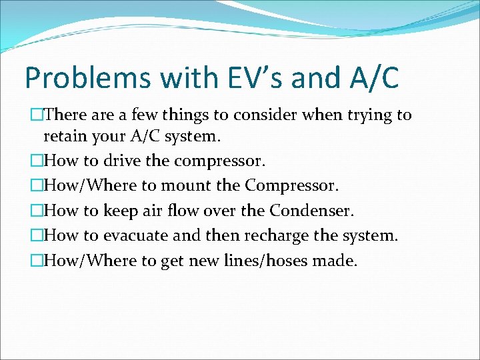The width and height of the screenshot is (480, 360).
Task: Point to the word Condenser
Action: (311, 211)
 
